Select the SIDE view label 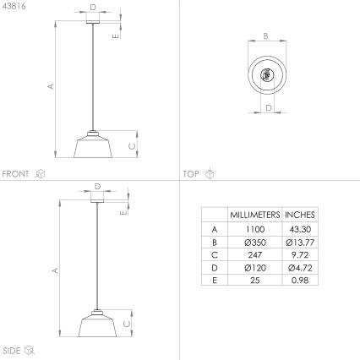[12, 349]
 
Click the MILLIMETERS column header [254, 215]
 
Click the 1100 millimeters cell [254, 229]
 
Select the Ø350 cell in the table [254, 243]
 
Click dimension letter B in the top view [265, 36]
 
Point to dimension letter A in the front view [50, 86]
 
